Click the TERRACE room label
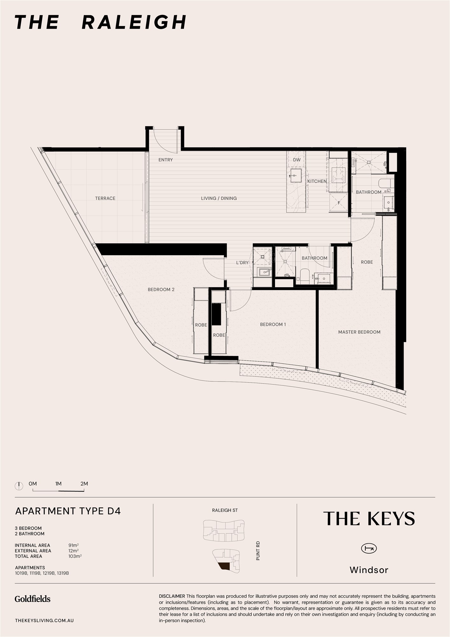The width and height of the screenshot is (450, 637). tap(105, 198)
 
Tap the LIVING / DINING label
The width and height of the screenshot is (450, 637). tap(219, 198)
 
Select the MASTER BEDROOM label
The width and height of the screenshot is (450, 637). tap(359, 332)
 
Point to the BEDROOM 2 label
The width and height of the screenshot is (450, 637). tap(161, 290)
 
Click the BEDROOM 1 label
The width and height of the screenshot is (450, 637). tap(273, 325)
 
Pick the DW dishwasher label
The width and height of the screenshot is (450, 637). tap(297, 160)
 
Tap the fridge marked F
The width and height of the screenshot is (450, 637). tap(339, 203)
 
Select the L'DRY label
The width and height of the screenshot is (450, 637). tap(242, 263)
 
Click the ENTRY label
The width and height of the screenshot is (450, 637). tap(165, 160)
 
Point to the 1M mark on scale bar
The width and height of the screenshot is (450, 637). tap(58, 483)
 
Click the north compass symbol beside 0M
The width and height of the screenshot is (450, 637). tap(19, 486)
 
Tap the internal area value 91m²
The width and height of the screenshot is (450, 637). tap(74, 545)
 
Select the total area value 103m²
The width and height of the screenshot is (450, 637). tap(75, 556)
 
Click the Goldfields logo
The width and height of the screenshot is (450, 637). tap(32, 599)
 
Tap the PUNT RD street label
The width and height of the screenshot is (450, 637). tap(258, 551)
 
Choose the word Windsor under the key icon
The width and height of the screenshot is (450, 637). tap(369, 570)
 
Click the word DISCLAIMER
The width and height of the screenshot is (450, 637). tap(172, 596)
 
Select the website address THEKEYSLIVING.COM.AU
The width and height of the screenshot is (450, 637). tap(44, 620)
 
